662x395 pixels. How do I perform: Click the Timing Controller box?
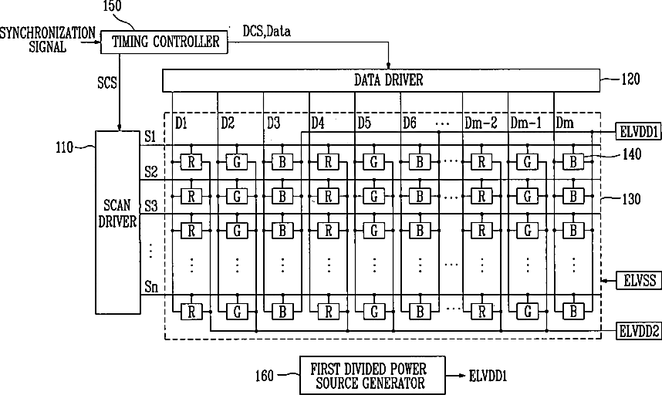pos(164,42)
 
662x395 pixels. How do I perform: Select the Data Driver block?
pos(381,80)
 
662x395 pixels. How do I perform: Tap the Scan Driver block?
pos(118,222)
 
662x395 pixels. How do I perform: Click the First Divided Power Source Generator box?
pos(373,375)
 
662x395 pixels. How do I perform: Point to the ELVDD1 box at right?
pos(638,132)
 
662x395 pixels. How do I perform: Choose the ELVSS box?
pos(640,280)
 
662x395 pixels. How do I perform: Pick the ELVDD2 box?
pos(638,331)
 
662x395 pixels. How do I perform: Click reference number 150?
pos(112,6)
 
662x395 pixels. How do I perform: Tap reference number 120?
pos(630,79)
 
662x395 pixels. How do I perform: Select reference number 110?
pos(65,147)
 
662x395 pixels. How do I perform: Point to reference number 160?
pos(265,375)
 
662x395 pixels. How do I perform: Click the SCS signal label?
pos(106,82)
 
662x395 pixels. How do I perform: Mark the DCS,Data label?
pos(266,31)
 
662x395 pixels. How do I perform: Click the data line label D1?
pos(181,123)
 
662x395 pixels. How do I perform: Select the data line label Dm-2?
pos(481,123)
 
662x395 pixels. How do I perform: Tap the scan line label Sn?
pos(151,286)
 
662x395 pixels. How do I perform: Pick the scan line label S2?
pos(150,172)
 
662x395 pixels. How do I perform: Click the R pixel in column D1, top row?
pos(191,162)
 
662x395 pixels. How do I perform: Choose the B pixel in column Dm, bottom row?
pos(573,312)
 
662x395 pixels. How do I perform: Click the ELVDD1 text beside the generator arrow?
pos(488,376)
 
